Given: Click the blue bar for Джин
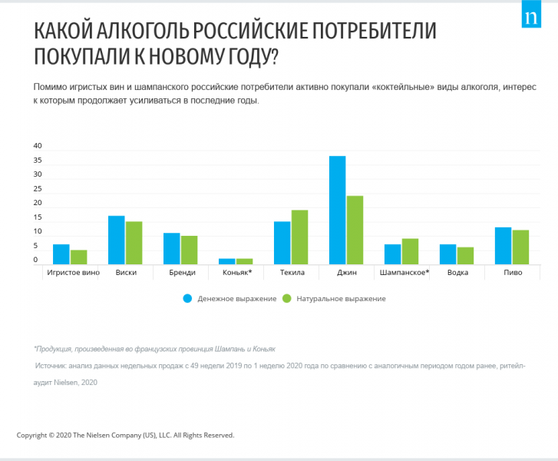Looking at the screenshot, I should [x=338, y=210].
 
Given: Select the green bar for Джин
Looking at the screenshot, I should [x=355, y=230].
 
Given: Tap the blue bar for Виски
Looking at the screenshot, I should [x=117, y=240].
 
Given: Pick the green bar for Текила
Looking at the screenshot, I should [x=299, y=237].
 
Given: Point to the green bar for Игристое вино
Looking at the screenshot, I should [x=79, y=257].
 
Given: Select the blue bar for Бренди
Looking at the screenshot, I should [x=172, y=248].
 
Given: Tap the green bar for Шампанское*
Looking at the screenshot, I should [x=410, y=251].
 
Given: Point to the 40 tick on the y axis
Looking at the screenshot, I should [x=38, y=146].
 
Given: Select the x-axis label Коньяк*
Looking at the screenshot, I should [x=236, y=273].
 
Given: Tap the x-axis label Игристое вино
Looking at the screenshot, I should [x=72, y=273].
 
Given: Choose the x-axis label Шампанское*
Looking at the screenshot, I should [x=404, y=273].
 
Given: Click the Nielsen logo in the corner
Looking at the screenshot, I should [x=531, y=18].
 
